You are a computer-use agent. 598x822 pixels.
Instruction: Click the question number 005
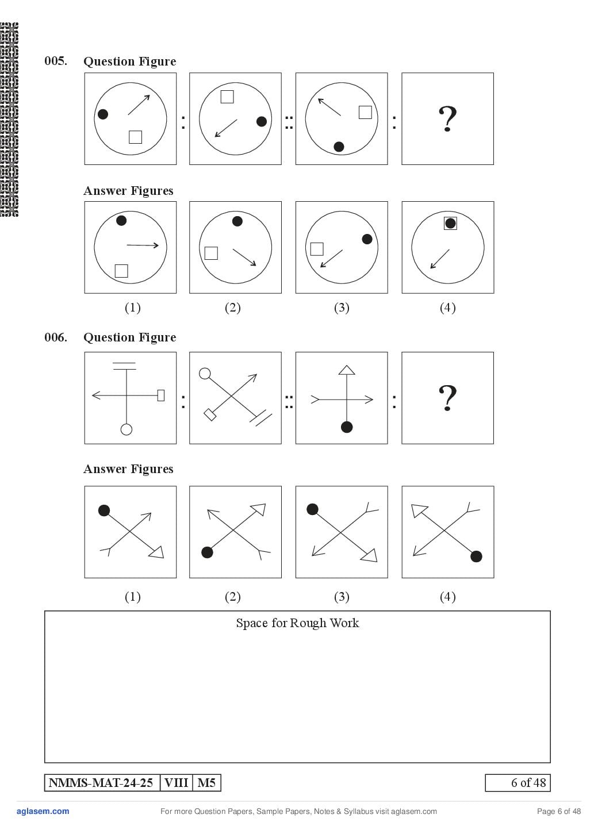[x=56, y=61]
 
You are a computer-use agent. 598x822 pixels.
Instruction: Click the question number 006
[x=56, y=337]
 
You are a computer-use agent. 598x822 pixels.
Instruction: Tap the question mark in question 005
[x=447, y=119]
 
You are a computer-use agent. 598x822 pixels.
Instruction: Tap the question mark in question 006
[x=447, y=398]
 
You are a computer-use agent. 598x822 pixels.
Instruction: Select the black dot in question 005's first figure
[x=103, y=114]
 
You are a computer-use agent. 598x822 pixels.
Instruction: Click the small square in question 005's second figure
[x=227, y=97]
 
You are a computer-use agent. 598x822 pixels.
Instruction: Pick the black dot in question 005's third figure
[x=339, y=147]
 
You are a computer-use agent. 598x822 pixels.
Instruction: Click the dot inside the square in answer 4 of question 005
[x=450, y=223]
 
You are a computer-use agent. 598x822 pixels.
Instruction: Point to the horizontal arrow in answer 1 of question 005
[x=143, y=245]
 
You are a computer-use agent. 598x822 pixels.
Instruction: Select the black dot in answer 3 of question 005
[x=367, y=239]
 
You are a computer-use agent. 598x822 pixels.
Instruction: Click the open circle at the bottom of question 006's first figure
[x=126, y=429]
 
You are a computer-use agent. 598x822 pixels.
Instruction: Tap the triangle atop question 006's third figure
[x=347, y=370]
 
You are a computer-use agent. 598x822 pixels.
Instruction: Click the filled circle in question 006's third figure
[x=347, y=427]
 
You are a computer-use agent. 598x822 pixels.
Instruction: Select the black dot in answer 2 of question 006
[x=207, y=552]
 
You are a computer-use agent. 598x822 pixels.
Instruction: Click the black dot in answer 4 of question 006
[x=476, y=556]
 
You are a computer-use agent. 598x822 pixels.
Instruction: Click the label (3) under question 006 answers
[x=342, y=597]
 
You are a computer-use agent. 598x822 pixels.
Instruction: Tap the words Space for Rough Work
[x=297, y=623]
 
